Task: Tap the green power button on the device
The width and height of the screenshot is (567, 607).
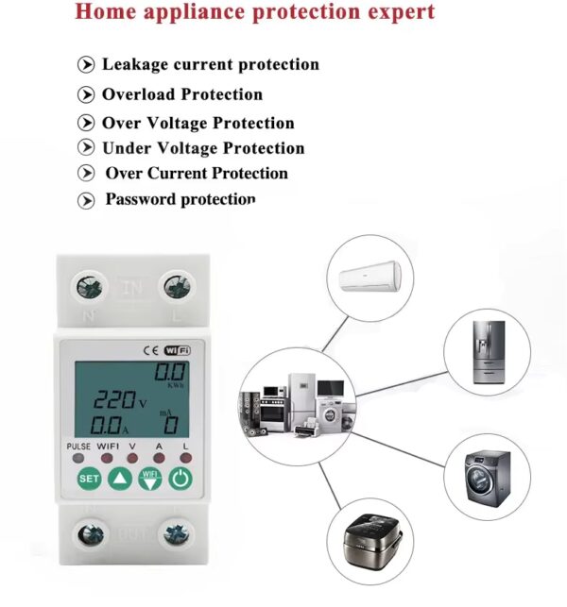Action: click(180, 479)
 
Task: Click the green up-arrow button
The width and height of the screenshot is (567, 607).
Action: click(120, 479)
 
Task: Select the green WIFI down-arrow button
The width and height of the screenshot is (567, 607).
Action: click(150, 479)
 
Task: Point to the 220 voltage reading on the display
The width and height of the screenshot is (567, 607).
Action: click(114, 400)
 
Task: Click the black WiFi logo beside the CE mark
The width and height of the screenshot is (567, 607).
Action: click(178, 350)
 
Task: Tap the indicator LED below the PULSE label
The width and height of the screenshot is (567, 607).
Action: click(78, 459)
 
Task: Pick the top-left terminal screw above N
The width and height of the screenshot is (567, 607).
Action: click(89, 288)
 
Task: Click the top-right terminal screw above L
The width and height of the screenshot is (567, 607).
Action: click(177, 288)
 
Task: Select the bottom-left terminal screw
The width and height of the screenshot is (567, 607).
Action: click(91, 535)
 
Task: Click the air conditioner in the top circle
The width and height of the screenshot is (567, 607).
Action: click(370, 276)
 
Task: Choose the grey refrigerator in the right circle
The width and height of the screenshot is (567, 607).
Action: click(490, 352)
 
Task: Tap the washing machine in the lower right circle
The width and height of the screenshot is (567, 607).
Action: click(488, 479)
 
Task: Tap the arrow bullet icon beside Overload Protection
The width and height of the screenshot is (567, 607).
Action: click(86, 94)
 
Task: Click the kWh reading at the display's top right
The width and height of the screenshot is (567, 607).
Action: click(170, 372)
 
